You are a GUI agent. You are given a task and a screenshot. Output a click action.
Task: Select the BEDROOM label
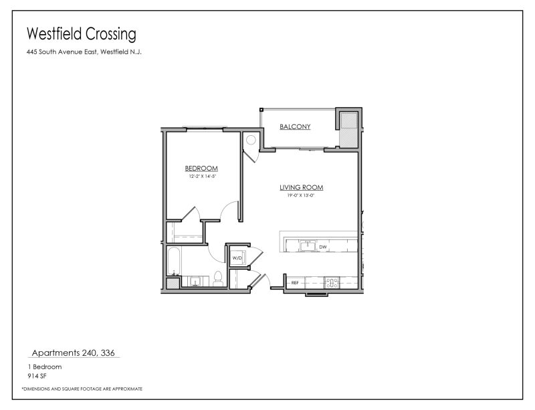click(201, 169)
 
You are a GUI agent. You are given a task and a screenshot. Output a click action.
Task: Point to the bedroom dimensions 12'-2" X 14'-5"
click(201, 177)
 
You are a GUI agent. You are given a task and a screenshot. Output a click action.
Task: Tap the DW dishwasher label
click(323, 247)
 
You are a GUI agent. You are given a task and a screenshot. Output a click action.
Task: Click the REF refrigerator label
click(294, 284)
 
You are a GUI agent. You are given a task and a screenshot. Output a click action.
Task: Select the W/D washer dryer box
click(237, 258)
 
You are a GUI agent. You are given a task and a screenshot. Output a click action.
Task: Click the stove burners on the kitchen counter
click(330, 282)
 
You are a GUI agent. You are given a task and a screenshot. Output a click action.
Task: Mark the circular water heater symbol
click(251, 140)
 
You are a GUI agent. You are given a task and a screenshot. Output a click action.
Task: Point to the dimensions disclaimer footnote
click(82, 389)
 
